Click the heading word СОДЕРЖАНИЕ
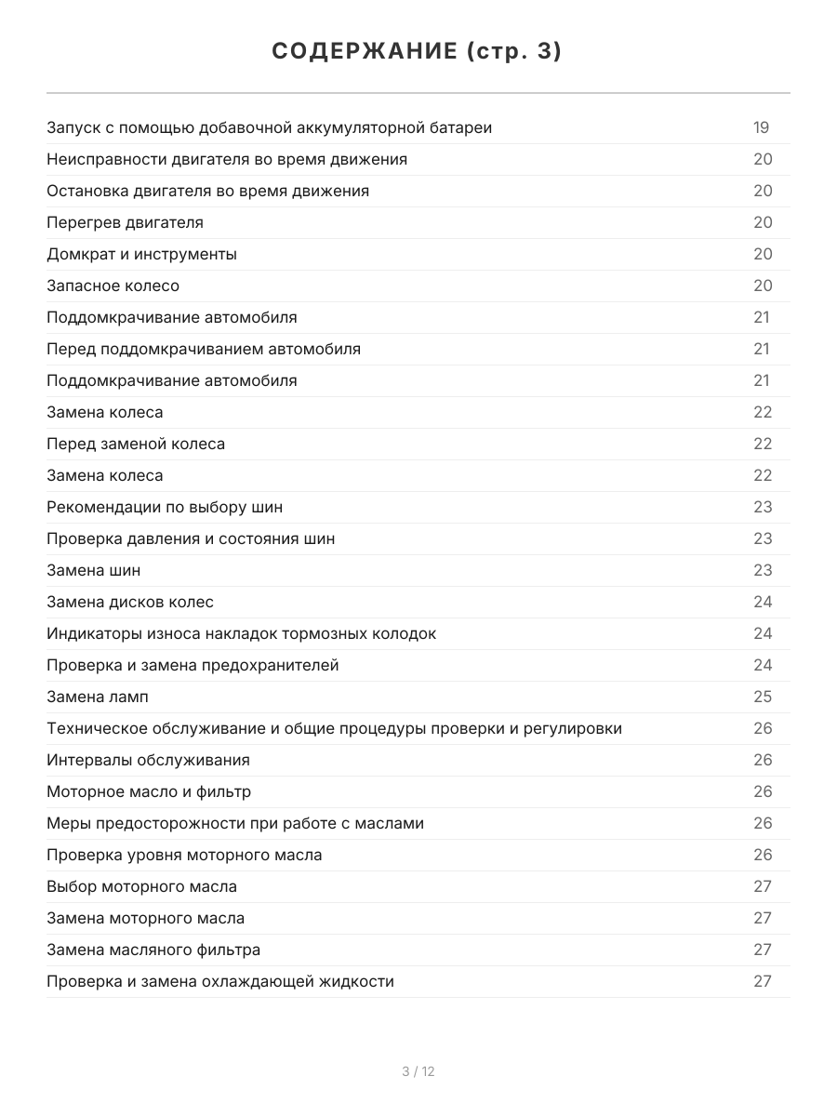point(364,52)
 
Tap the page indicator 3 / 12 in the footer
point(418,1071)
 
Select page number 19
point(761,127)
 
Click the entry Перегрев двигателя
point(125,222)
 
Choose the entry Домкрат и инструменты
point(141,254)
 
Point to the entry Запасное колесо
point(113,286)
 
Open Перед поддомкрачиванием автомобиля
point(204,349)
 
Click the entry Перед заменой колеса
point(136,444)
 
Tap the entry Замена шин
point(94,570)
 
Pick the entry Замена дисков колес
point(130,602)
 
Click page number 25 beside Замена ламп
point(763,697)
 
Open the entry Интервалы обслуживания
point(148,760)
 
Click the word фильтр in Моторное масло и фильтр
point(223,791)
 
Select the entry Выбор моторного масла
point(141,886)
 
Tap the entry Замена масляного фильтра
point(153,950)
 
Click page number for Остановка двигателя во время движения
point(763,191)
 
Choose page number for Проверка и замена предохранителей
point(763,665)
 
